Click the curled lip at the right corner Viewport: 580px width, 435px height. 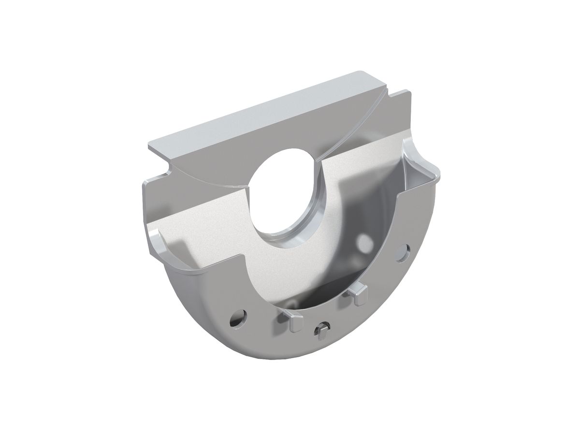tap(420, 159)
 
